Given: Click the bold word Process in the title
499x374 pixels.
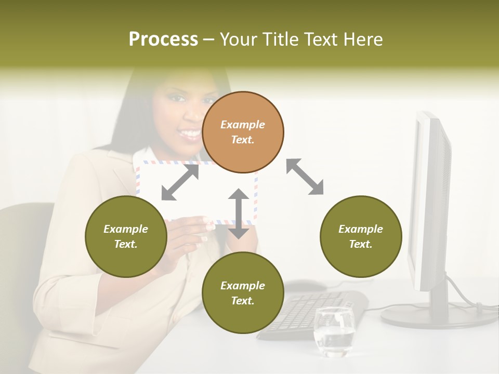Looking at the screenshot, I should pos(163,39).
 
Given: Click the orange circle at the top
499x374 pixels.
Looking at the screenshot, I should pos(243,132).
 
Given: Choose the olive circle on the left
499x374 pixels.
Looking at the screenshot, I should pos(126,236).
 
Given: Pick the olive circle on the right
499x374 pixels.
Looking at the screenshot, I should pos(361,236).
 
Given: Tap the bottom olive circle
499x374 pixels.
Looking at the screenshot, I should pos(243,293).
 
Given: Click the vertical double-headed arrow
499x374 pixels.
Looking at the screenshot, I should pos(239,213).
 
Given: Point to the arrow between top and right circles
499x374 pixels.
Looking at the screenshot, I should pos(305,177).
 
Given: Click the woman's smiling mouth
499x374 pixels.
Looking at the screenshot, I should pos(189,135).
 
